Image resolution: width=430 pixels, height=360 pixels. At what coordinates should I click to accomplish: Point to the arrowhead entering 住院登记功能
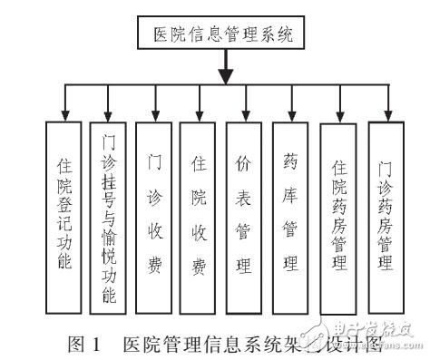65,115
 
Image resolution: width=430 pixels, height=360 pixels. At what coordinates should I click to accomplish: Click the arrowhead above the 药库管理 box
290,115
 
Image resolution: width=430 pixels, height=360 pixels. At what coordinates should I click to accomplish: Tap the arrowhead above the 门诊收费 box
155,115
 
